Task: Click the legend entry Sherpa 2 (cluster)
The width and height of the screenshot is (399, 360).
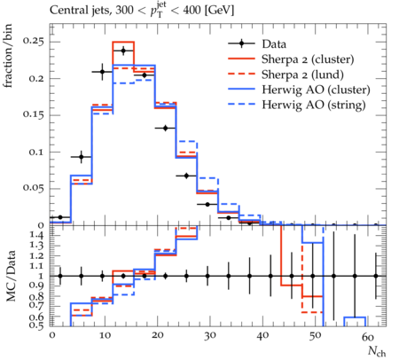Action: pos(308,59)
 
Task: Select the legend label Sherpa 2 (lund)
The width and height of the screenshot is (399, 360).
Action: pos(302,74)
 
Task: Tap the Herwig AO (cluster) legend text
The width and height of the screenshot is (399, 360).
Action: pos(316,90)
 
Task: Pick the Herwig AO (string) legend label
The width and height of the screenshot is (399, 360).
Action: pos(314,105)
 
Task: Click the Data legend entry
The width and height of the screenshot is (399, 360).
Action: pos(274,44)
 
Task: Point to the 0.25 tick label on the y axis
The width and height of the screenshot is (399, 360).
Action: pos(33,41)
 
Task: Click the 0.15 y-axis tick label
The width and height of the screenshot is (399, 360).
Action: pos(33,114)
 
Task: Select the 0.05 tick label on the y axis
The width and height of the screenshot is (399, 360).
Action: pos(33,188)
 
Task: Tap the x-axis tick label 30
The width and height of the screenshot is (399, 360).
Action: pos(210,336)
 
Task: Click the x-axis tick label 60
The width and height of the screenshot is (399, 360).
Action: pos(368,336)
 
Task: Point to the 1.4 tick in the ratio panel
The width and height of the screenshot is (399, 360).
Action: pos(36,235)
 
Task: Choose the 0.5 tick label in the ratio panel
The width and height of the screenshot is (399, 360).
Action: pos(36,325)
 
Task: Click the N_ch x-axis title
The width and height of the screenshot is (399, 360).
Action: pos(377,351)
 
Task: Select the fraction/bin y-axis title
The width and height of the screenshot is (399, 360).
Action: pos(8,56)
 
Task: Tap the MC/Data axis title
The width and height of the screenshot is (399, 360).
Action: pos(11,276)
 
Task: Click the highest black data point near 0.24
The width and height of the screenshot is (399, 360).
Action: pos(123,51)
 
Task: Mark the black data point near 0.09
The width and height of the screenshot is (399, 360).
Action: pos(82,157)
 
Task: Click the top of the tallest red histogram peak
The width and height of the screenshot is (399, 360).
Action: pos(123,42)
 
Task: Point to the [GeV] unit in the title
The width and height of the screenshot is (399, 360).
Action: pos(219,11)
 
